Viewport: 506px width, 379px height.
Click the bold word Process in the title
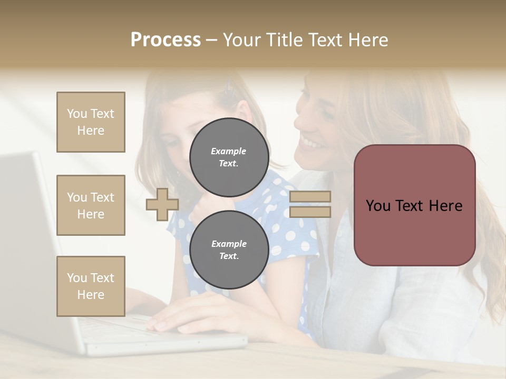click(x=166, y=39)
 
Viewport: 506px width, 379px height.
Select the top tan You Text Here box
click(x=91, y=122)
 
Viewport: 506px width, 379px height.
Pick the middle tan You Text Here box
click(x=91, y=205)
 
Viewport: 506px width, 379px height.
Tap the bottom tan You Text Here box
click(x=91, y=286)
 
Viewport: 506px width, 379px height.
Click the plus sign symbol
click(x=162, y=204)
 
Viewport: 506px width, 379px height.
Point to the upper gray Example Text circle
click(x=229, y=157)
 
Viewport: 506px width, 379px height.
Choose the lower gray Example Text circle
click(x=229, y=250)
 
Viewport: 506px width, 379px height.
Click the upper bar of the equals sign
click(x=310, y=196)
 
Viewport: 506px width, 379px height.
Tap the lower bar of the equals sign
click(x=310, y=212)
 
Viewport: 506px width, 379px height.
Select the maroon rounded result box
click(x=414, y=205)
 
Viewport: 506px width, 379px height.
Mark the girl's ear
click(x=244, y=112)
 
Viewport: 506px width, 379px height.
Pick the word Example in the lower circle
click(x=229, y=244)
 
